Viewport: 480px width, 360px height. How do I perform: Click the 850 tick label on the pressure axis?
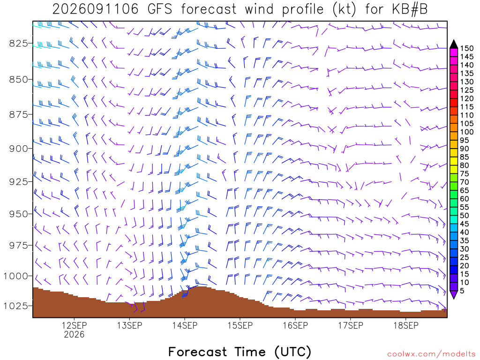pos(18,79)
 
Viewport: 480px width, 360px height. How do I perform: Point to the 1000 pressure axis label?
pos(15,276)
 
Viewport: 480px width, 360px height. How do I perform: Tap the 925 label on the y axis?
pos(18,182)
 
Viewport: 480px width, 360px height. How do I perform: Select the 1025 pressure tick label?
pos(15,306)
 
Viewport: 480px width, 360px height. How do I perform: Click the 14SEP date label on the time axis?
pos(185,325)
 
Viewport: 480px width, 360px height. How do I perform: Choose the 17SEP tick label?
pos(351,325)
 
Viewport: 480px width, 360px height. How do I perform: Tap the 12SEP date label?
pos(74,325)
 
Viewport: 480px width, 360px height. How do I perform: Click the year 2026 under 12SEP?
pos(74,334)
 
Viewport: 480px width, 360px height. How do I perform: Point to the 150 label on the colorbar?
pos(467,48)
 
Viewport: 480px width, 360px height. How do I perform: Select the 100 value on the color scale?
pos(467,132)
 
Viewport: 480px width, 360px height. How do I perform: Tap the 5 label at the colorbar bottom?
pos(462,291)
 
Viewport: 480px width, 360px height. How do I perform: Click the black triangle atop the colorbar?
pos(454,45)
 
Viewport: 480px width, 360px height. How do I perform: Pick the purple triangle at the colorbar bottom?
pos(454,294)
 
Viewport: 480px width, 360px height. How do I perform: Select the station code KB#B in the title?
pos(410,9)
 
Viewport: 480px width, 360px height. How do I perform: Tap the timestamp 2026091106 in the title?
pos(96,9)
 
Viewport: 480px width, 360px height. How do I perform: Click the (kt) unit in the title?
pos(344,9)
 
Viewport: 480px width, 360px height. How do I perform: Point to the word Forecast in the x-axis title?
pos(197,352)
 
